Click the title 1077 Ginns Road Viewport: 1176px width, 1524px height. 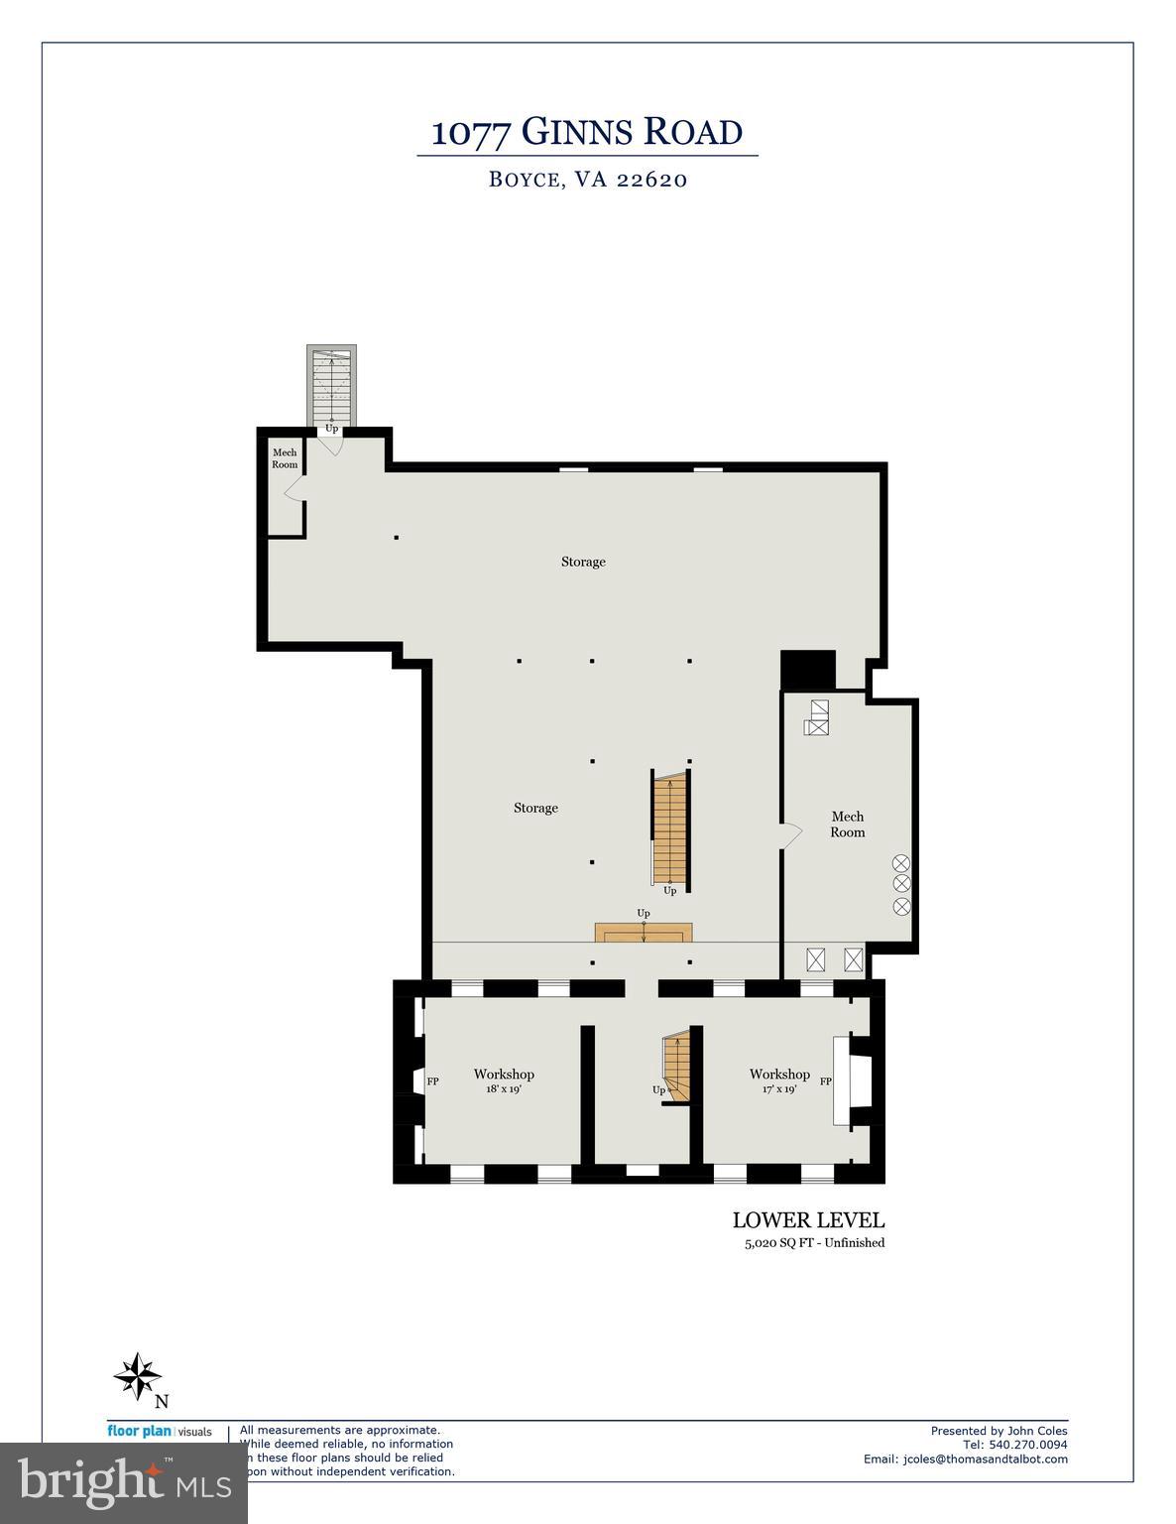587,132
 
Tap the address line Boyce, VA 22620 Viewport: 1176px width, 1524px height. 588,180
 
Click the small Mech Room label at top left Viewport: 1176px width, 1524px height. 285,458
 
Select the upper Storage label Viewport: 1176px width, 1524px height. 583,562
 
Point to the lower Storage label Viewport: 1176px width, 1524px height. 535,808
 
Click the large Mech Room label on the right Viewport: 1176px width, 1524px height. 847,825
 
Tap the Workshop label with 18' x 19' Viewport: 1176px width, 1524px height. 504,1079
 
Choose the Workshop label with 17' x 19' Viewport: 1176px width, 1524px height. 779,1079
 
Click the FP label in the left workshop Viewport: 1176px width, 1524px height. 433,1081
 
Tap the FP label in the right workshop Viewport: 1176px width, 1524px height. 825,1081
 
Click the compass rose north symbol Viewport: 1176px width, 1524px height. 138,1377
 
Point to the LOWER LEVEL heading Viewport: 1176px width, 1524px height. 808,1220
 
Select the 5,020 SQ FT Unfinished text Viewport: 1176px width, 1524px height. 808,1242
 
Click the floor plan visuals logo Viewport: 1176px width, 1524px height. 160,1432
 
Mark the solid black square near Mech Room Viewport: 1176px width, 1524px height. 808,669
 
